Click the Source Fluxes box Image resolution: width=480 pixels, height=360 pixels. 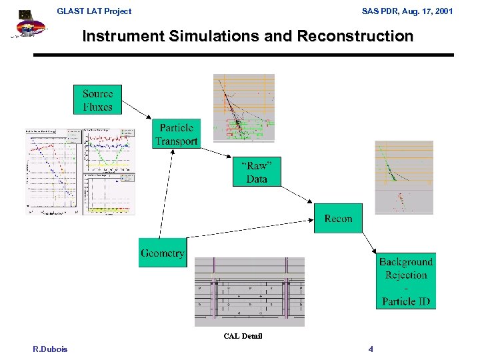(x=98, y=100)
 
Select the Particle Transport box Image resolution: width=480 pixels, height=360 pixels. (x=176, y=134)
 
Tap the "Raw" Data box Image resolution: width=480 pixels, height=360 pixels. (x=257, y=173)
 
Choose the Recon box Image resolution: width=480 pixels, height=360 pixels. (x=338, y=219)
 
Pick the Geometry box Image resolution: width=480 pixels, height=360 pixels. (x=162, y=253)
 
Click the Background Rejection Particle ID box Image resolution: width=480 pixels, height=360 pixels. (x=406, y=281)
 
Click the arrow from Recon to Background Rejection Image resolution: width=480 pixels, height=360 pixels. (x=369, y=241)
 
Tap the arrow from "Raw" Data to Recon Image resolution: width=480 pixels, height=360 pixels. (x=298, y=193)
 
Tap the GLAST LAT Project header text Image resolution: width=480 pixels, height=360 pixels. (x=94, y=11)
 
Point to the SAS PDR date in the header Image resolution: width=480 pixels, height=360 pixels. (x=407, y=11)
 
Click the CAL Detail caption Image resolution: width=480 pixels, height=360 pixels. (x=243, y=336)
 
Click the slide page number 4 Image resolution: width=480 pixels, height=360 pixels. (x=371, y=349)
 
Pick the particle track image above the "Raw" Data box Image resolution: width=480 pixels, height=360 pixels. (x=243, y=108)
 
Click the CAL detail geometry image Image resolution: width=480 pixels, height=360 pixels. (x=249, y=292)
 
